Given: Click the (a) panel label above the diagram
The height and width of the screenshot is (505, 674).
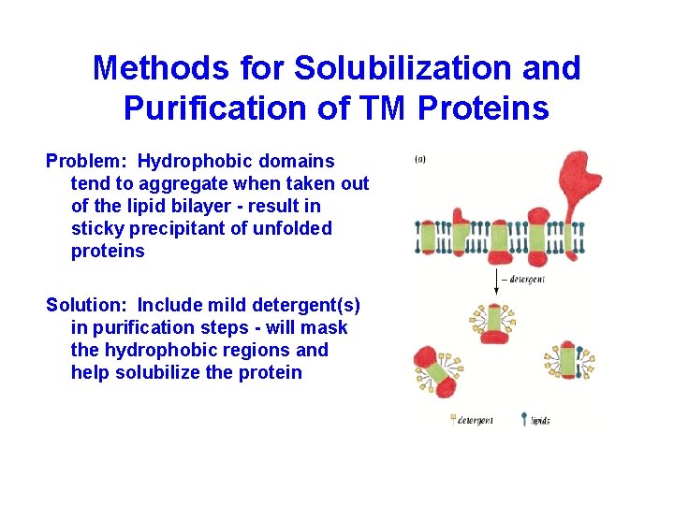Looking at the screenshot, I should pos(421,158).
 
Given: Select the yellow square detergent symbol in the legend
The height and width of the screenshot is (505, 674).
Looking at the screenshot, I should pos(453,420).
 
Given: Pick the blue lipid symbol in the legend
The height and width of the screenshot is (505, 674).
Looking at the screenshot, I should pos(524,420).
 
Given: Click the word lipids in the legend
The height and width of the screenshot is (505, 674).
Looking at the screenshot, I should pos(540,421).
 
